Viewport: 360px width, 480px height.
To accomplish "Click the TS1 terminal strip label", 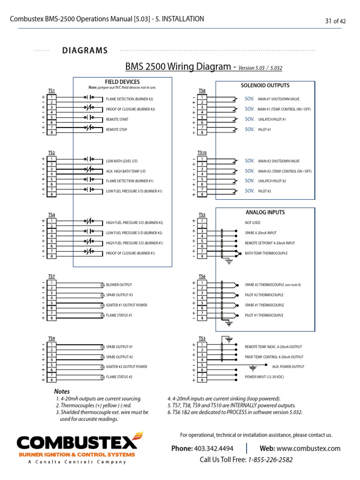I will click(x=52, y=90).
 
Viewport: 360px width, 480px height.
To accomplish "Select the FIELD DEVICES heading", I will click(x=122, y=82).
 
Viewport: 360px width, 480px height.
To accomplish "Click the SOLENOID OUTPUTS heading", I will click(x=265, y=85).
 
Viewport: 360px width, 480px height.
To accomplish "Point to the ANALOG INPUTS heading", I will click(x=265, y=212).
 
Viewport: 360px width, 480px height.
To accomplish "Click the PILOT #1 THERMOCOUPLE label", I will click(x=264, y=315).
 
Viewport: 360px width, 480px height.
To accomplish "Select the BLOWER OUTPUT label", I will click(x=119, y=285).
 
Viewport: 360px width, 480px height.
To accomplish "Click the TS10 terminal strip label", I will click(x=202, y=153).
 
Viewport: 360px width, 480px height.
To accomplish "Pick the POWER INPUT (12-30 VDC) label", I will click(x=264, y=377).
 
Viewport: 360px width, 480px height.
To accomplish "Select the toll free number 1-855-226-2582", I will click(x=270, y=460).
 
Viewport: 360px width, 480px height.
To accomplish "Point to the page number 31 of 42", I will click(x=335, y=21).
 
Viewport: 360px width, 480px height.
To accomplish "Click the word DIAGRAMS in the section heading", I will click(x=85, y=51).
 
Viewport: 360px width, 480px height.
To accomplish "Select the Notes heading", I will click(x=62, y=391).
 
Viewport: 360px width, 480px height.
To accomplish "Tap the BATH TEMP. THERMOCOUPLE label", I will click(x=266, y=254).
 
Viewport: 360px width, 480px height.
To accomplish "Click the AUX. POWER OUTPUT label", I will click(x=288, y=367).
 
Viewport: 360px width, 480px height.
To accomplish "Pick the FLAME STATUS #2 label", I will click(x=119, y=377).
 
